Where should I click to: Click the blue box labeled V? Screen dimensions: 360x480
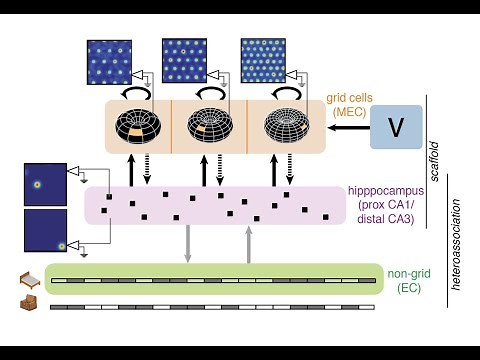(396, 127)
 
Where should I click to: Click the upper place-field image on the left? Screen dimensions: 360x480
(44, 184)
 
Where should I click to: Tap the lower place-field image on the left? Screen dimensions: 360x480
(44, 230)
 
